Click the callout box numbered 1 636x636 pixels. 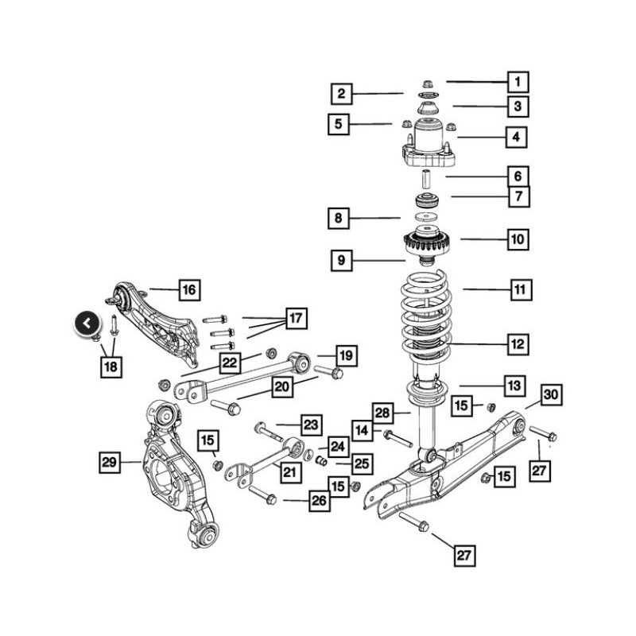point(518,83)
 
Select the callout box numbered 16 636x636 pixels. point(189,290)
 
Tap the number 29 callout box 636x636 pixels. point(110,462)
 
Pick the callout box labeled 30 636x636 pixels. point(551,394)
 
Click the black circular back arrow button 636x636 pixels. point(87,324)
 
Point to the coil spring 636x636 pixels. point(426,317)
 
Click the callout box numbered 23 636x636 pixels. point(311,425)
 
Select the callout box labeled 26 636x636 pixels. point(320,501)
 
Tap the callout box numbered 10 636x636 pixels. point(518,239)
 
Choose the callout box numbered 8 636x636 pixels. point(339,218)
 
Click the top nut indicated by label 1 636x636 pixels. point(427,84)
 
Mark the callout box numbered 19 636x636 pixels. point(347,355)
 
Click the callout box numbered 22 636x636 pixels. point(230,363)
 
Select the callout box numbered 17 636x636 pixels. point(296,318)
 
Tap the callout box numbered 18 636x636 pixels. point(111,367)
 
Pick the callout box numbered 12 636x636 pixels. point(518,344)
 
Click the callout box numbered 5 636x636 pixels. point(339,124)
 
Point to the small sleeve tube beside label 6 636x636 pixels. point(426,179)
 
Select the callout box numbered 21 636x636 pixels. point(290,472)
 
